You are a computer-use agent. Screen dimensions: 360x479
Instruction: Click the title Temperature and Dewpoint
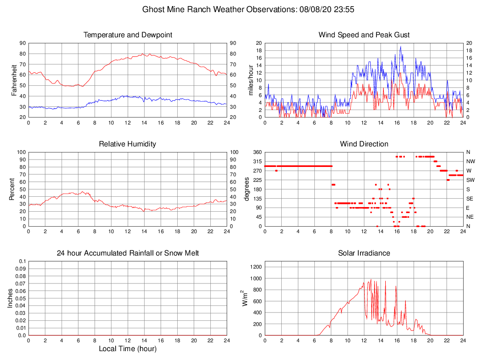(128, 35)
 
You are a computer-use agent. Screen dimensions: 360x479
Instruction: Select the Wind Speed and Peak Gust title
(364, 35)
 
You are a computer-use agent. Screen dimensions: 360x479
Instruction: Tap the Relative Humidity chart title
(127, 144)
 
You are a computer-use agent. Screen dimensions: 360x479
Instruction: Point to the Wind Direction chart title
(364, 144)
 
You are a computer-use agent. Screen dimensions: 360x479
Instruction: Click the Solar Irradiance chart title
(364, 253)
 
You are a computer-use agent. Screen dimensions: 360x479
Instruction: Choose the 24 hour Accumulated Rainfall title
(128, 253)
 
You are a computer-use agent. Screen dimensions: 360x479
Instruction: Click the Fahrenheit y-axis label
(14, 80)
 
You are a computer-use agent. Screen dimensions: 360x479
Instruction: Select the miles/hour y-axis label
(250, 80)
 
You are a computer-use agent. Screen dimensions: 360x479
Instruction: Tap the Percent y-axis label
(12, 189)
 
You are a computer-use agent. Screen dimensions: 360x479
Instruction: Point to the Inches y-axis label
(10, 298)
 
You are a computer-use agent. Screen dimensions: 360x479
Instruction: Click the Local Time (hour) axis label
(127, 349)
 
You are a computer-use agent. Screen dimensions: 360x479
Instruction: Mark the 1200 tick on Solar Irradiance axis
(256, 267)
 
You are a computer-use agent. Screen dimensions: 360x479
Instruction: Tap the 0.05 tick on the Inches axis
(21, 298)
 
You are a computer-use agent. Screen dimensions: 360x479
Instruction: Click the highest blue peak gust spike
(400, 47)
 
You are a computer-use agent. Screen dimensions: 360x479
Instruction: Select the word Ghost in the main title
(153, 9)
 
